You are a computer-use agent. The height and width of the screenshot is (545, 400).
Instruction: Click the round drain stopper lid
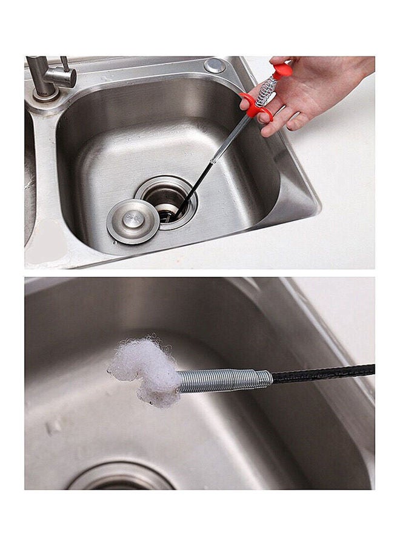(133, 221)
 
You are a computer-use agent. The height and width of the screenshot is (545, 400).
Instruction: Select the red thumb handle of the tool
(282, 71)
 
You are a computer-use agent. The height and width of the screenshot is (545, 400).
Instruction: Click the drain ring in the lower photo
(121, 476)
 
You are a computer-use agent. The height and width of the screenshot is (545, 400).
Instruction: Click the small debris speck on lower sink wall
(54, 426)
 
